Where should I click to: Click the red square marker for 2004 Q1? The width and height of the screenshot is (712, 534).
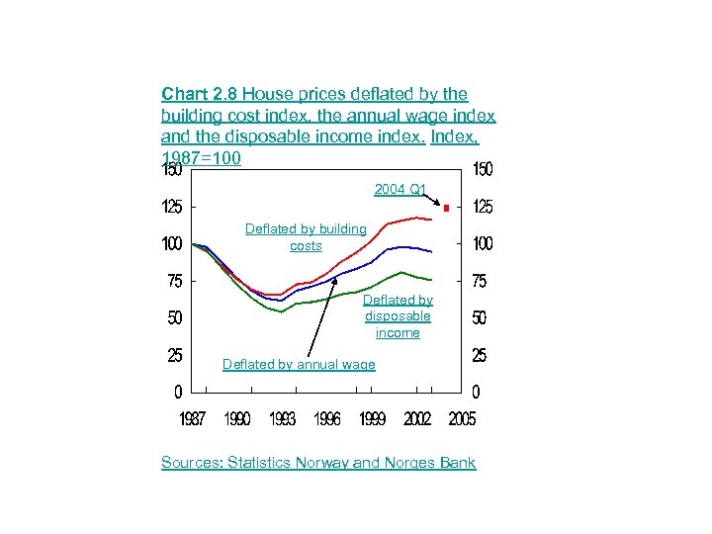coord(447,208)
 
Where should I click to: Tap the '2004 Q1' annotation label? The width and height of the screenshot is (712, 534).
coord(400,189)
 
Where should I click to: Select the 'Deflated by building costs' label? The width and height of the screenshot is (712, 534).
coord(306,237)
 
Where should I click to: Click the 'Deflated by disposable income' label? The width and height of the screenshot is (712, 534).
coord(398,316)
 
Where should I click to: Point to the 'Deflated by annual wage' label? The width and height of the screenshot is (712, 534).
coord(299,365)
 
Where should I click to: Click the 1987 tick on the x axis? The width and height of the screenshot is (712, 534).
coord(192,418)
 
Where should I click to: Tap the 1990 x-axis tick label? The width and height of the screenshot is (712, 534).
coord(237,418)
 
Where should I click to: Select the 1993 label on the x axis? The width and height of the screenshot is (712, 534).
coord(282,418)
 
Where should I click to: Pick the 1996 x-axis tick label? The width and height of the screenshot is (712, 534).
coord(327,418)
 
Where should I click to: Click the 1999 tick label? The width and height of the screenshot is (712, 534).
coord(373,418)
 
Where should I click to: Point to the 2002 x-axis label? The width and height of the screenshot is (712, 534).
coord(417,418)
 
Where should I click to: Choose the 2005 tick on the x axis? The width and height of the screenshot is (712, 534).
coord(462,418)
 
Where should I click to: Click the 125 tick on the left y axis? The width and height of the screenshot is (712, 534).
coord(172,208)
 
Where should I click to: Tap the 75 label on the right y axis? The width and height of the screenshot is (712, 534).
coord(479,282)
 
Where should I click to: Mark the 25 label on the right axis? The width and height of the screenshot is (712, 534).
coord(479,354)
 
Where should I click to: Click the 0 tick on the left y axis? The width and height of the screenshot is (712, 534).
coord(177,392)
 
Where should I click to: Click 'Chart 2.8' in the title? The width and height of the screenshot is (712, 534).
coord(200,95)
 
